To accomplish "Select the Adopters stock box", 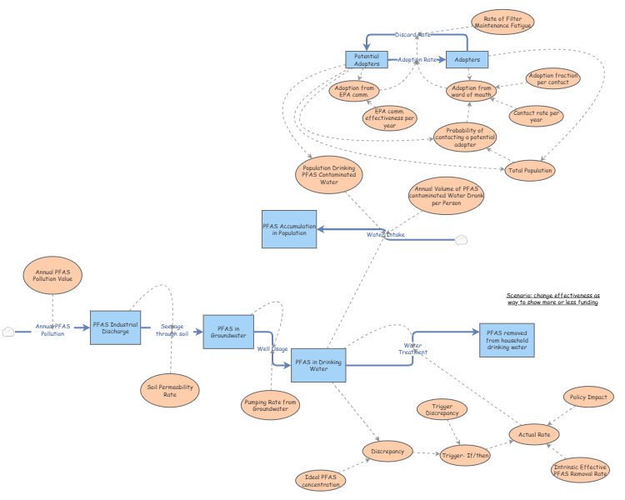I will (467, 60).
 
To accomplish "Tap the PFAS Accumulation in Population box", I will (288, 228).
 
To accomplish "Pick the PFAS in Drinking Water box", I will (317, 364).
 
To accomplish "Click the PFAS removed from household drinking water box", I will (507, 339).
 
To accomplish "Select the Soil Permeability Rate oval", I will (169, 390).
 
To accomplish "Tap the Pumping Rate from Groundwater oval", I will (270, 406).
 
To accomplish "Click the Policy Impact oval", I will (588, 398).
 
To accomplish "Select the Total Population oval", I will (531, 170).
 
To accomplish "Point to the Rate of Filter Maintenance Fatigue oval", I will (502, 22).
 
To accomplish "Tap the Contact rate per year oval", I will (536, 116).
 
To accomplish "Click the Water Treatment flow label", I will (412, 348).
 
